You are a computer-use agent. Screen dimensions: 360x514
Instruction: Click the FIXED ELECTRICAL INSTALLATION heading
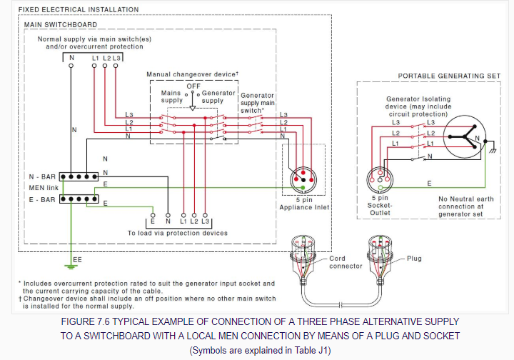(x=70, y=10)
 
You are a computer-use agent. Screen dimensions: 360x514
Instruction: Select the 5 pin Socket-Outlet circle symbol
(x=381, y=179)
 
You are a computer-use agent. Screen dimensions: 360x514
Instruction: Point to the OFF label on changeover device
(x=193, y=86)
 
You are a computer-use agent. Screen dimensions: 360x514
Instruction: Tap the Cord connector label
(x=346, y=262)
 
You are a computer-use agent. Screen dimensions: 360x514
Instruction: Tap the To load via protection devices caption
(x=177, y=233)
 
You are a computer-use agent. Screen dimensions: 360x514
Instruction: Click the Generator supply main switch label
(x=258, y=102)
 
